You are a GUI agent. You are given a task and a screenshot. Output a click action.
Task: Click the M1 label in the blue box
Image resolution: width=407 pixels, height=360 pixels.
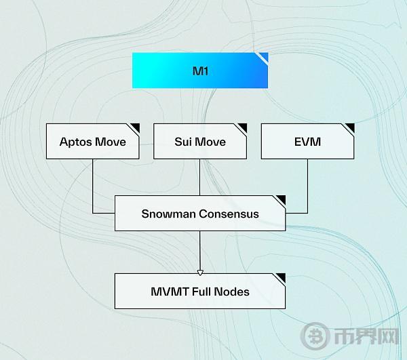200,71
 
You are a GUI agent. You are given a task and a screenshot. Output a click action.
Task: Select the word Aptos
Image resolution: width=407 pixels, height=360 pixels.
76,142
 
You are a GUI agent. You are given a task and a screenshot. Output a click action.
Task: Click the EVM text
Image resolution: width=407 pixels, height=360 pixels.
307,142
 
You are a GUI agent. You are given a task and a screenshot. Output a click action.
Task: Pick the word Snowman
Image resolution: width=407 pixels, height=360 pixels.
169,214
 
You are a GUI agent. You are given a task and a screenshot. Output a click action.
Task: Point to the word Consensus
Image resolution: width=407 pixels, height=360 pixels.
229,214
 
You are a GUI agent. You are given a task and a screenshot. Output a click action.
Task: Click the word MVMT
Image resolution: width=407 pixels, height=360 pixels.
170,292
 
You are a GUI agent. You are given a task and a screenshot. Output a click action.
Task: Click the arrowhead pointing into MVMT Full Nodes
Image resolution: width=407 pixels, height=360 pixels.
200,273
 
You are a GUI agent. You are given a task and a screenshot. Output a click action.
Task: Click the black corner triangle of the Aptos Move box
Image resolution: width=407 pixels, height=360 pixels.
136,127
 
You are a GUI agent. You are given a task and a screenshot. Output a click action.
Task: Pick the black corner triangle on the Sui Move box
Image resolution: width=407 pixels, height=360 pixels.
244,127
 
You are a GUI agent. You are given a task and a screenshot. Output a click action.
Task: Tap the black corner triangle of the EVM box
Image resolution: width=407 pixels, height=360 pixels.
351,127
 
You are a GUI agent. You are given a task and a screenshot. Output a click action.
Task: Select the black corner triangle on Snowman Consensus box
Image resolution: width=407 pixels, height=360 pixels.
282,199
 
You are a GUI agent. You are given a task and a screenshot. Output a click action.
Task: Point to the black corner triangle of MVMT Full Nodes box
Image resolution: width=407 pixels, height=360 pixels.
282,277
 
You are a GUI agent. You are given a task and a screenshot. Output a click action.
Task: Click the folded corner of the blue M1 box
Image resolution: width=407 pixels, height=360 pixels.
264,57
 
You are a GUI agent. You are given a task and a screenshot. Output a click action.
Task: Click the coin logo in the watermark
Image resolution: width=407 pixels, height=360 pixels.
315,336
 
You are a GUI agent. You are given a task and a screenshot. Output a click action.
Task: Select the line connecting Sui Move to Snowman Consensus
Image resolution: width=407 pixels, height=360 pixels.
200,178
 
